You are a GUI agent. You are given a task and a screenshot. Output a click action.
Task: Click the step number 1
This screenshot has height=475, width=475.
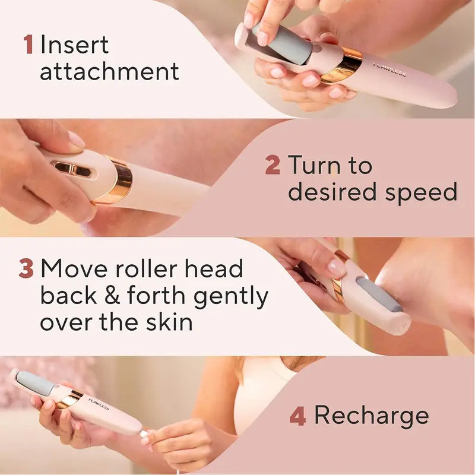point(28,45)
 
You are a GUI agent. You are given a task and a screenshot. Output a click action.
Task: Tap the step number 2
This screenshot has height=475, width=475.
point(272,164)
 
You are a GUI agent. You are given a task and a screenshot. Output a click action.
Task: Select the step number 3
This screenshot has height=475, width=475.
point(26,269)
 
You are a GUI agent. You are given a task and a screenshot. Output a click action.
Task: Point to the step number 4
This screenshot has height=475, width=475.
point(297,416)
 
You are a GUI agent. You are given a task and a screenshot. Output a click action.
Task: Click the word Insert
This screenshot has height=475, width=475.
point(74,45)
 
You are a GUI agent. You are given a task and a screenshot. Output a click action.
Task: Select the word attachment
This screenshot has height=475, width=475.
point(109,71)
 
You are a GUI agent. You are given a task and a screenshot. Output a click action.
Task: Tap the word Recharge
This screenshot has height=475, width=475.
point(371,416)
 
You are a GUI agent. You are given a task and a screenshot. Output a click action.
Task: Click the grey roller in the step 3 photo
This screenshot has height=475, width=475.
point(380,293)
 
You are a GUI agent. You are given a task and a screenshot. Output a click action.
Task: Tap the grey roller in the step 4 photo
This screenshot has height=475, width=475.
point(34,382)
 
